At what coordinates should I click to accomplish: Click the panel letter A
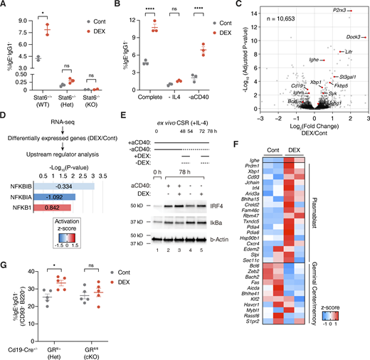(4, 6)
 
